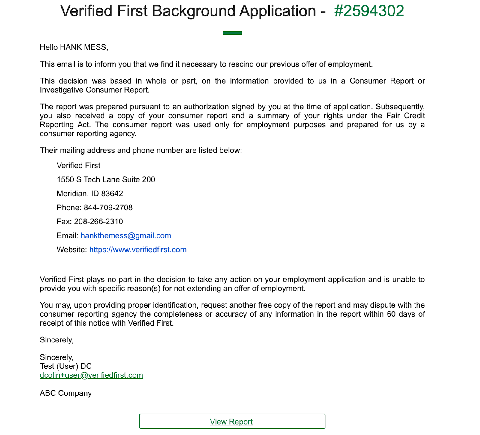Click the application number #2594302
(369, 11)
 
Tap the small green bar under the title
(232, 33)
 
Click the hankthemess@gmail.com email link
(126, 236)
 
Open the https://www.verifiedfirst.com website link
(138, 250)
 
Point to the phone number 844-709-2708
(108, 208)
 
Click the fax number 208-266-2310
(98, 222)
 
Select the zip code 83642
(112, 194)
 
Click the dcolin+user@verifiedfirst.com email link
(91, 375)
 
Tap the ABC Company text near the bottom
(66, 393)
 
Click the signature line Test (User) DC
(66, 366)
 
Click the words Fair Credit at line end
(405, 116)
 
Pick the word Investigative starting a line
(61, 90)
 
